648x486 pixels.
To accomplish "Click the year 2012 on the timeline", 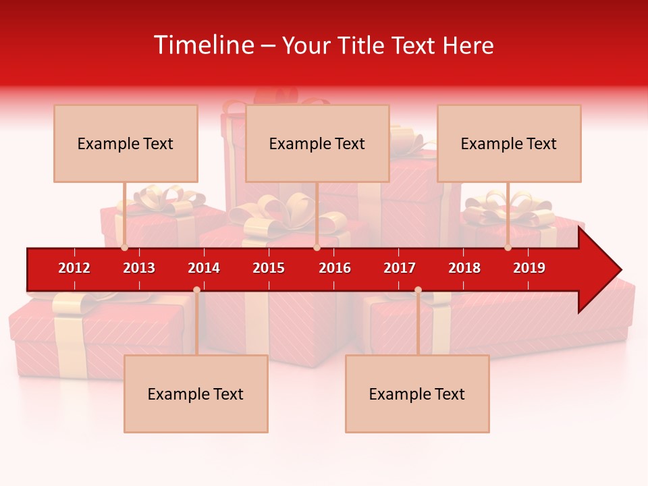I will point(74,268).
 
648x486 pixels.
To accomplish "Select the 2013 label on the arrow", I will point(139,268).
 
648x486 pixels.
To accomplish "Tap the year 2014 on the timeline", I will point(204,268).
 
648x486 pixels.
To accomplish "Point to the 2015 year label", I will point(269,268).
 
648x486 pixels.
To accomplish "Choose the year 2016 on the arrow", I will point(335,268).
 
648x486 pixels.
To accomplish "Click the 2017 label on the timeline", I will point(400,268).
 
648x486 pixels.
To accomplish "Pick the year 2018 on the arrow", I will point(464,268).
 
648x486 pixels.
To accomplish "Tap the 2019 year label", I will point(529,268).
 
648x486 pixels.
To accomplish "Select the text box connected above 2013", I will point(126,143).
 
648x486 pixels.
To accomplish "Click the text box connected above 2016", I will point(317,143).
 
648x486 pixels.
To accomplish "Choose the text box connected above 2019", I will point(509,143).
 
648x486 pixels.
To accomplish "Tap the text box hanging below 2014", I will point(196,394).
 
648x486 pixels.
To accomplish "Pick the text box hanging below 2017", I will point(417,394).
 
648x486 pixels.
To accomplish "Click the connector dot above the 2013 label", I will point(125,248).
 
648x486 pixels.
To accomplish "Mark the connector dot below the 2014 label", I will point(196,290).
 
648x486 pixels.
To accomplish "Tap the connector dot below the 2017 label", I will point(418,290).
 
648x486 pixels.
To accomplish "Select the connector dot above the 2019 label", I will point(508,248).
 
